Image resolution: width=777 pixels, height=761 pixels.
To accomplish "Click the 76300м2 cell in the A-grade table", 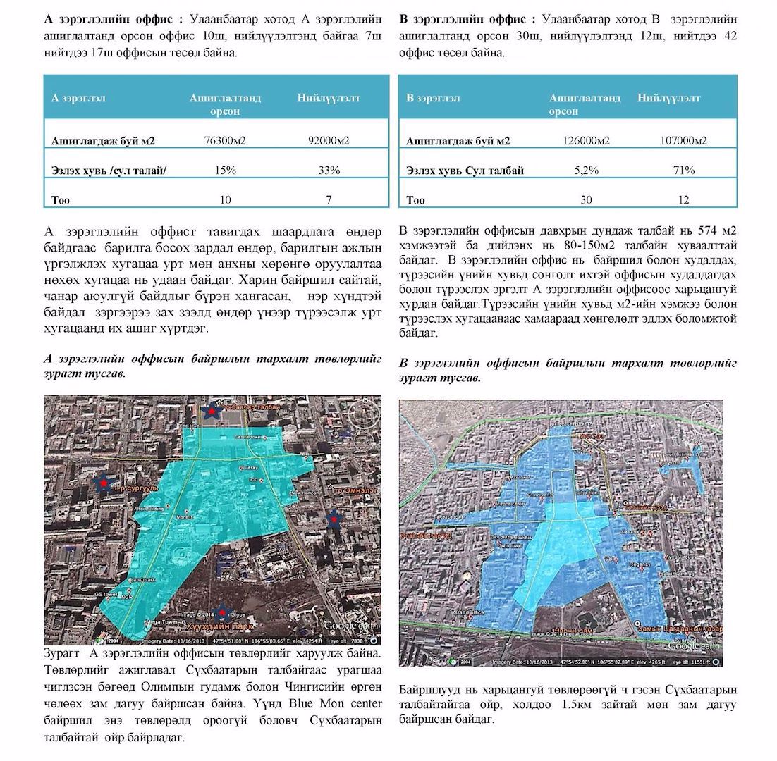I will [224, 141].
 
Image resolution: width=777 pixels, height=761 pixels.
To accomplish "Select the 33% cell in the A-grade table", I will [329, 171].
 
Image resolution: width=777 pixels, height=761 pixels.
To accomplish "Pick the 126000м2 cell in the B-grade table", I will [586, 141].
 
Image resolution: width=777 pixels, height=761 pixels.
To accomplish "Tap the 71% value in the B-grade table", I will [683, 171].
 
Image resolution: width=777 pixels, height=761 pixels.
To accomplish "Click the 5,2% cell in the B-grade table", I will [586, 171].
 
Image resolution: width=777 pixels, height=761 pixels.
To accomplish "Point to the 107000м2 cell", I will [683, 141].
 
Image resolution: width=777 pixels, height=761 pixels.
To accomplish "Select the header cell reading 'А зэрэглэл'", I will [78, 98].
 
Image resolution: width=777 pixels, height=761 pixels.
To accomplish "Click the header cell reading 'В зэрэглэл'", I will [433, 98].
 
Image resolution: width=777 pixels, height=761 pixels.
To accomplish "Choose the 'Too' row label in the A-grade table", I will [61, 200].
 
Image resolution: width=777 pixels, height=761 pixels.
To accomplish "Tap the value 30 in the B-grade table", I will [586, 200].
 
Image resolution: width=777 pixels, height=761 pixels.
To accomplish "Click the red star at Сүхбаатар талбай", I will [209, 410].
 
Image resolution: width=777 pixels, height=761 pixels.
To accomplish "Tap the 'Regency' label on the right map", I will [640, 564].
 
